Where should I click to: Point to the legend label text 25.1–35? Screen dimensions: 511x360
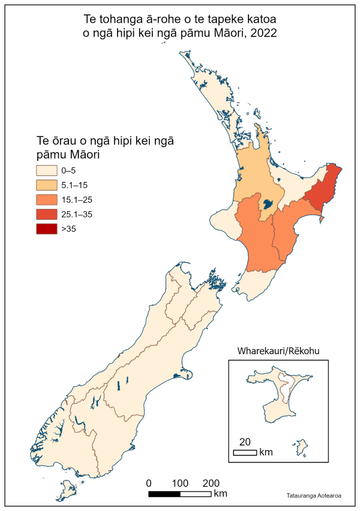pyautogui.click(x=76, y=214)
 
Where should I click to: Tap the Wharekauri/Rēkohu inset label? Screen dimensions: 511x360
pyautogui.click(x=278, y=351)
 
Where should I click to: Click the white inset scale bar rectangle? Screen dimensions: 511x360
pyautogui.click(x=245, y=452)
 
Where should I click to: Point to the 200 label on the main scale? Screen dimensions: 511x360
pyautogui.click(x=211, y=483)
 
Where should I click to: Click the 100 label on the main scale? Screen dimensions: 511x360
pyautogui.click(x=180, y=483)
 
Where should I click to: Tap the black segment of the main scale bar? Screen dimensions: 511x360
pyautogui.click(x=164, y=494)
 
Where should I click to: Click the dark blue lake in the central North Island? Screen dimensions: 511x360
pyautogui.click(x=268, y=204)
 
